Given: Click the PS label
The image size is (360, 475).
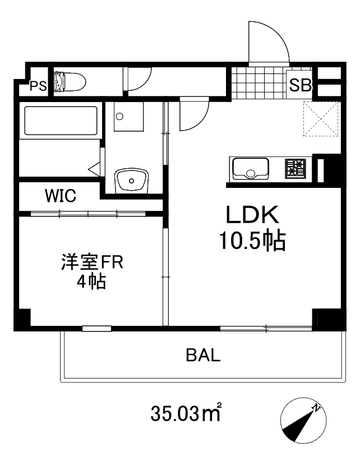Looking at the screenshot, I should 38,86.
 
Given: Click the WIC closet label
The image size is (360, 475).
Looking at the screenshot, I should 61,196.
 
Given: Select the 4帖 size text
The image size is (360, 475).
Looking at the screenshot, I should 91,282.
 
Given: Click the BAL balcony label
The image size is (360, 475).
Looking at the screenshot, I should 203,355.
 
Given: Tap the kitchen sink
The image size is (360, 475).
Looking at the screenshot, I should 250,168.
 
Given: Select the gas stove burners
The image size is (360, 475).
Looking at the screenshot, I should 296,168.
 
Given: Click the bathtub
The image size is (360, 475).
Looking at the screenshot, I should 61,121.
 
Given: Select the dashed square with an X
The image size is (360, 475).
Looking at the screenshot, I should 321,119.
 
